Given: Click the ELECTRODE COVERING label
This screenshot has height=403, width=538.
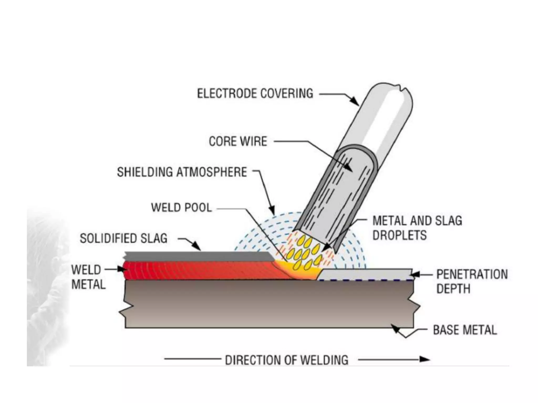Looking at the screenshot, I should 255,94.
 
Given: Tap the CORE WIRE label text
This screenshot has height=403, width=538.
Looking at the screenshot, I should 238,141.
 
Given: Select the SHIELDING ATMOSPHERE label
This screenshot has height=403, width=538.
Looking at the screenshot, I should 182,172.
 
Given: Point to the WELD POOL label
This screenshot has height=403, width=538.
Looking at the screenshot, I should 181,208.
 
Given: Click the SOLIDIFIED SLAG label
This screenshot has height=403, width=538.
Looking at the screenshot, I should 123,238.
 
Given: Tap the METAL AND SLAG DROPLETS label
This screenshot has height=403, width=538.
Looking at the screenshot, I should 417,228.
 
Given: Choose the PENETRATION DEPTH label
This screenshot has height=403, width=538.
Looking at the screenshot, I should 472,281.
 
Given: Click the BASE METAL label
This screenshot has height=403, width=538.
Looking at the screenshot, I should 465,330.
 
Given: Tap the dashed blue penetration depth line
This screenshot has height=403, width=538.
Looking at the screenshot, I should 365,280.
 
